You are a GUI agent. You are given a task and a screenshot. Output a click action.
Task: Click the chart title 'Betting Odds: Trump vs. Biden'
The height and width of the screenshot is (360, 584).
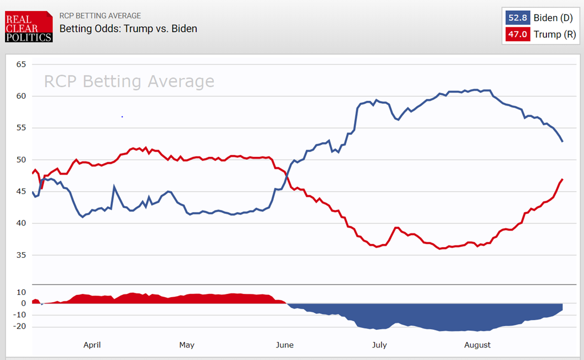128,28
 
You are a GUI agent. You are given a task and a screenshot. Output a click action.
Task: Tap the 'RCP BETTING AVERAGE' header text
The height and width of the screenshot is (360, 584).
100,15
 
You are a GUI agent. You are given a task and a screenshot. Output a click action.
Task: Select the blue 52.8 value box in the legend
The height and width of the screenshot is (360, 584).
517,18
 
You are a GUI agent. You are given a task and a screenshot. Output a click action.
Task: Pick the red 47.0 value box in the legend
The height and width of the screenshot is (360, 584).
517,34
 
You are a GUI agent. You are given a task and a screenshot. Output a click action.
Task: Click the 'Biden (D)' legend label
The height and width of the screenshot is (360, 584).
553,18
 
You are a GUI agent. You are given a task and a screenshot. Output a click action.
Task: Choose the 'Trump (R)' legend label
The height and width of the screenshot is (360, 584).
554,34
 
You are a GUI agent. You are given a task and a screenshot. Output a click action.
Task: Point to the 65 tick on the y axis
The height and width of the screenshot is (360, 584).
21,64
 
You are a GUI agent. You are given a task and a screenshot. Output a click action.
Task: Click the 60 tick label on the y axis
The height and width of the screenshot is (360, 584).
21,96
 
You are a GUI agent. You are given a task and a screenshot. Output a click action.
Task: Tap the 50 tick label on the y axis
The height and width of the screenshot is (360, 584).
21,160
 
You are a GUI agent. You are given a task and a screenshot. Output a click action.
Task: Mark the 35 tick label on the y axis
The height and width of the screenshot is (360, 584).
21,255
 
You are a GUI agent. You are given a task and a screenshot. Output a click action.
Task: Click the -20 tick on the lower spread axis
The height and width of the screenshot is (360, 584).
19,327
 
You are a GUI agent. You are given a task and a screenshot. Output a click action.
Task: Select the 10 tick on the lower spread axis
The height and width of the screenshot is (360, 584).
21,292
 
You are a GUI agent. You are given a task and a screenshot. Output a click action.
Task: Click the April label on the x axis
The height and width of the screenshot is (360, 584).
92,345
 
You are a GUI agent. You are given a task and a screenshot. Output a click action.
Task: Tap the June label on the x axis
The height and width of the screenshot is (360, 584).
284,345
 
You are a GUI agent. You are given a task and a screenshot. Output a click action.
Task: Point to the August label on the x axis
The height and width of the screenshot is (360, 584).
477,345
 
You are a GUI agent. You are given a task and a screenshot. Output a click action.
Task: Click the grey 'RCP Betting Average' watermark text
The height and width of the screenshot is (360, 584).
129,82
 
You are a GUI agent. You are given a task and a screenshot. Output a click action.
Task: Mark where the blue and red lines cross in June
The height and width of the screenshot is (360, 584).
288,172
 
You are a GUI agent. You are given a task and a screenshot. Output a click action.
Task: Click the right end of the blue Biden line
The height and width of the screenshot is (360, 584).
563,141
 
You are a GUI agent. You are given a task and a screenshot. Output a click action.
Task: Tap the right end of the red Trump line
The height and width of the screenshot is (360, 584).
563,179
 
